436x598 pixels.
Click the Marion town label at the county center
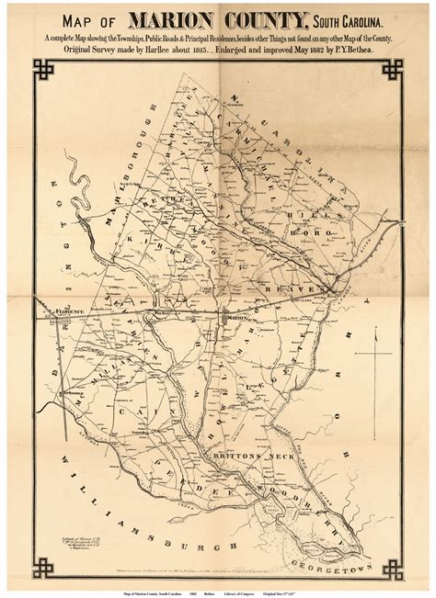(237, 318)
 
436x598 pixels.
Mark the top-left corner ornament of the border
(43, 70)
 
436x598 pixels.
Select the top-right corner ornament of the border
(393, 70)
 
